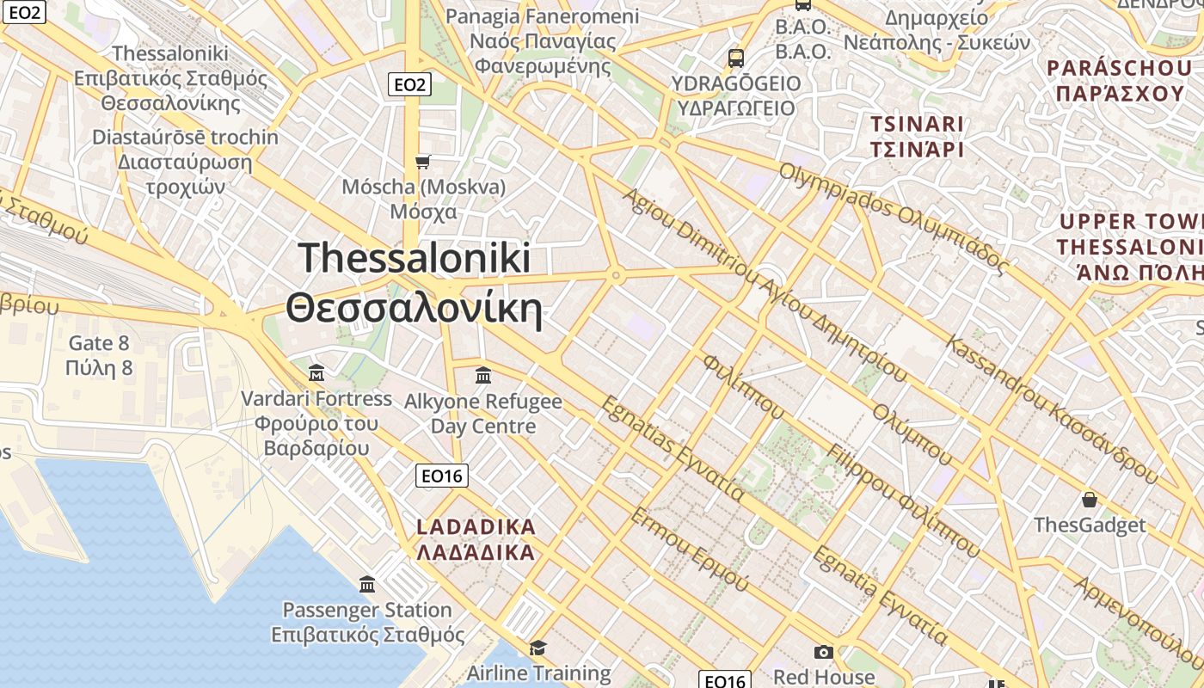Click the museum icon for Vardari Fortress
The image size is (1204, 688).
pyautogui.click(x=316, y=373)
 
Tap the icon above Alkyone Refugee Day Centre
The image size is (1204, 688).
pyautogui.click(x=482, y=376)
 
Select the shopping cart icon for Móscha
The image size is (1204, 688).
pyautogui.click(x=422, y=162)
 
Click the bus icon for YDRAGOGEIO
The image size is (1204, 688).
pyautogui.click(x=735, y=58)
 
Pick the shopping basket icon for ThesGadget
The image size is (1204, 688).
pyautogui.click(x=1090, y=500)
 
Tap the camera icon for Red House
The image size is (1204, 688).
pyautogui.click(x=824, y=652)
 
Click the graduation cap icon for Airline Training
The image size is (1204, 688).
pyautogui.click(x=538, y=648)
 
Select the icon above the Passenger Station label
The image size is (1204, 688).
pyautogui.click(x=367, y=585)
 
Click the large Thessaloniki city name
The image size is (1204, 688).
pyautogui.click(x=415, y=283)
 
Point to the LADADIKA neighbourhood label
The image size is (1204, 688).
pyautogui.click(x=476, y=539)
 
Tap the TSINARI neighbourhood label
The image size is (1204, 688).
pyautogui.click(x=917, y=136)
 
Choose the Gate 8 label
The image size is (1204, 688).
pyautogui.click(x=100, y=355)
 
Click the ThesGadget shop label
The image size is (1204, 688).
pyautogui.click(x=1090, y=525)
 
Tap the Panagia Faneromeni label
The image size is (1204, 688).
pyautogui.click(x=544, y=40)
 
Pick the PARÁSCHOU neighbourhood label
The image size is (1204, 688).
pyautogui.click(x=1118, y=80)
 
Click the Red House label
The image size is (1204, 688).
pyautogui.click(x=824, y=677)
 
